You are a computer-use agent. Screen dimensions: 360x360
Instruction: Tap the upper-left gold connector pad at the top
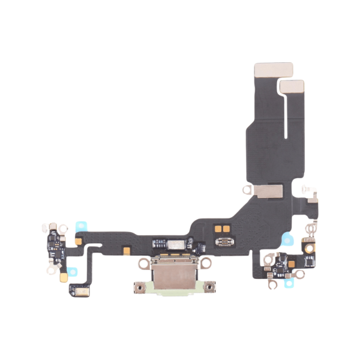(x=274, y=70)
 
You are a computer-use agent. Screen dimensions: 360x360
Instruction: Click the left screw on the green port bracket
(x=138, y=289)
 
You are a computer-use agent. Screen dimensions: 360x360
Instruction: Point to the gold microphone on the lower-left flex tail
(x=78, y=290)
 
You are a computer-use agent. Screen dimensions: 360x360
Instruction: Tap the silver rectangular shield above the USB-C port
(x=175, y=244)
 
